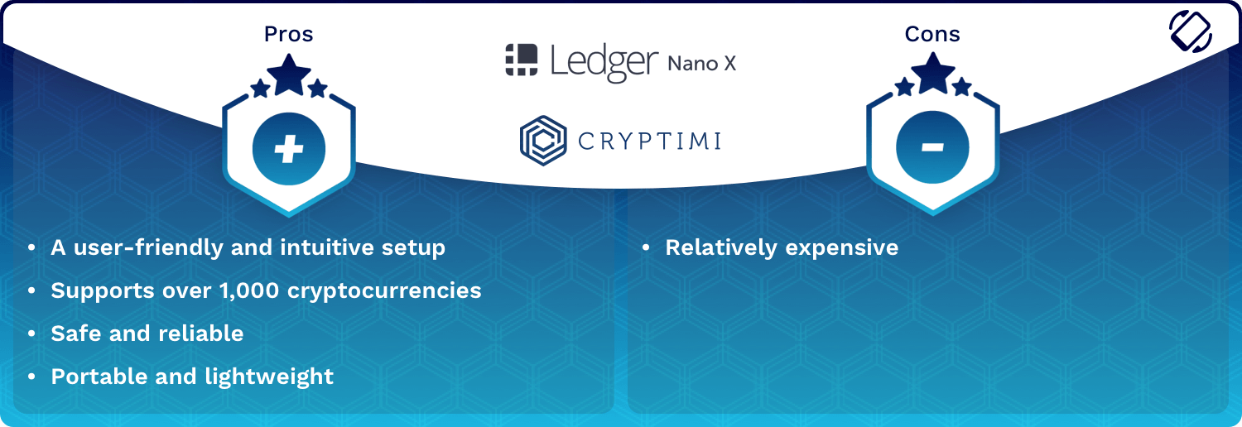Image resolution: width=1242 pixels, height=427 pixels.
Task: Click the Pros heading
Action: pyautogui.click(x=288, y=34)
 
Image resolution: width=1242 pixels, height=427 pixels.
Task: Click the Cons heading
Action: pyautogui.click(x=932, y=34)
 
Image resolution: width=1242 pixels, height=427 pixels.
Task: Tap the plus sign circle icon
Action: pyautogui.click(x=289, y=148)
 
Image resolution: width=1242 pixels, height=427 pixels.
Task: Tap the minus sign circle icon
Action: pyautogui.click(x=932, y=146)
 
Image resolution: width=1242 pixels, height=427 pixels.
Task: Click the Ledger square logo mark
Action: pyautogui.click(x=521, y=60)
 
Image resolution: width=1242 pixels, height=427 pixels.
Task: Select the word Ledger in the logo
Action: pyautogui.click(x=604, y=62)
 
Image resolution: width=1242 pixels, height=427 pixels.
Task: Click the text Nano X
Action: pyautogui.click(x=702, y=64)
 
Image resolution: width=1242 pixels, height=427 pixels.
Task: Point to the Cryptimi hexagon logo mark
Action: pyautogui.click(x=543, y=141)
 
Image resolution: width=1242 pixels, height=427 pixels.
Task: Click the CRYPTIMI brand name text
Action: pyautogui.click(x=649, y=142)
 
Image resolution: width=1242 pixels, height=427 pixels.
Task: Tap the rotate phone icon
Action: pyautogui.click(x=1191, y=31)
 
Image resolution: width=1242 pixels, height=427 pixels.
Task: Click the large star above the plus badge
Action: pyautogui.click(x=289, y=74)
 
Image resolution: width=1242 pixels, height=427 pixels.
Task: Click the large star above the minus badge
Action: pyautogui.click(x=933, y=73)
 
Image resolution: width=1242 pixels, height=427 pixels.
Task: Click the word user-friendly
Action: pyautogui.click(x=148, y=247)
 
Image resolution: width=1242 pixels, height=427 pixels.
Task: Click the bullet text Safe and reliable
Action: pyautogui.click(x=147, y=333)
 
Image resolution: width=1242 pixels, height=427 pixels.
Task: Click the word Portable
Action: pyautogui.click(x=99, y=377)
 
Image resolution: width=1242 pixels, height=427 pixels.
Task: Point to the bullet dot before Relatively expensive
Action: pyautogui.click(x=646, y=248)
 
